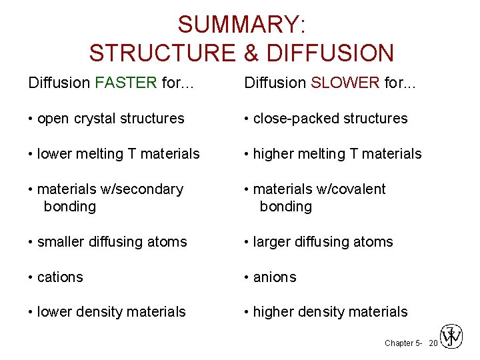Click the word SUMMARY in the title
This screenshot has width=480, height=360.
coord(237,25)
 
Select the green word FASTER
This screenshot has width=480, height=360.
coord(126,83)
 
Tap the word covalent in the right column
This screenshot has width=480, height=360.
coord(361,189)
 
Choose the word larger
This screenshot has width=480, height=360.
coord(274,242)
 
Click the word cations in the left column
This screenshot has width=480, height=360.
coord(60,277)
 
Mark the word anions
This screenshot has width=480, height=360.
coord(275,277)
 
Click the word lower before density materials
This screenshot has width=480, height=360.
coord(56,312)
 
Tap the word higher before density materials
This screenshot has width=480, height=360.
coord(275,312)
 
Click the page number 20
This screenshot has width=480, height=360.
coord(433,343)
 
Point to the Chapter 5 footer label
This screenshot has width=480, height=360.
coord(403,343)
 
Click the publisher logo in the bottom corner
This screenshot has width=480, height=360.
coord(453,337)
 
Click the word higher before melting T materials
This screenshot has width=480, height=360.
coord(275,154)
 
